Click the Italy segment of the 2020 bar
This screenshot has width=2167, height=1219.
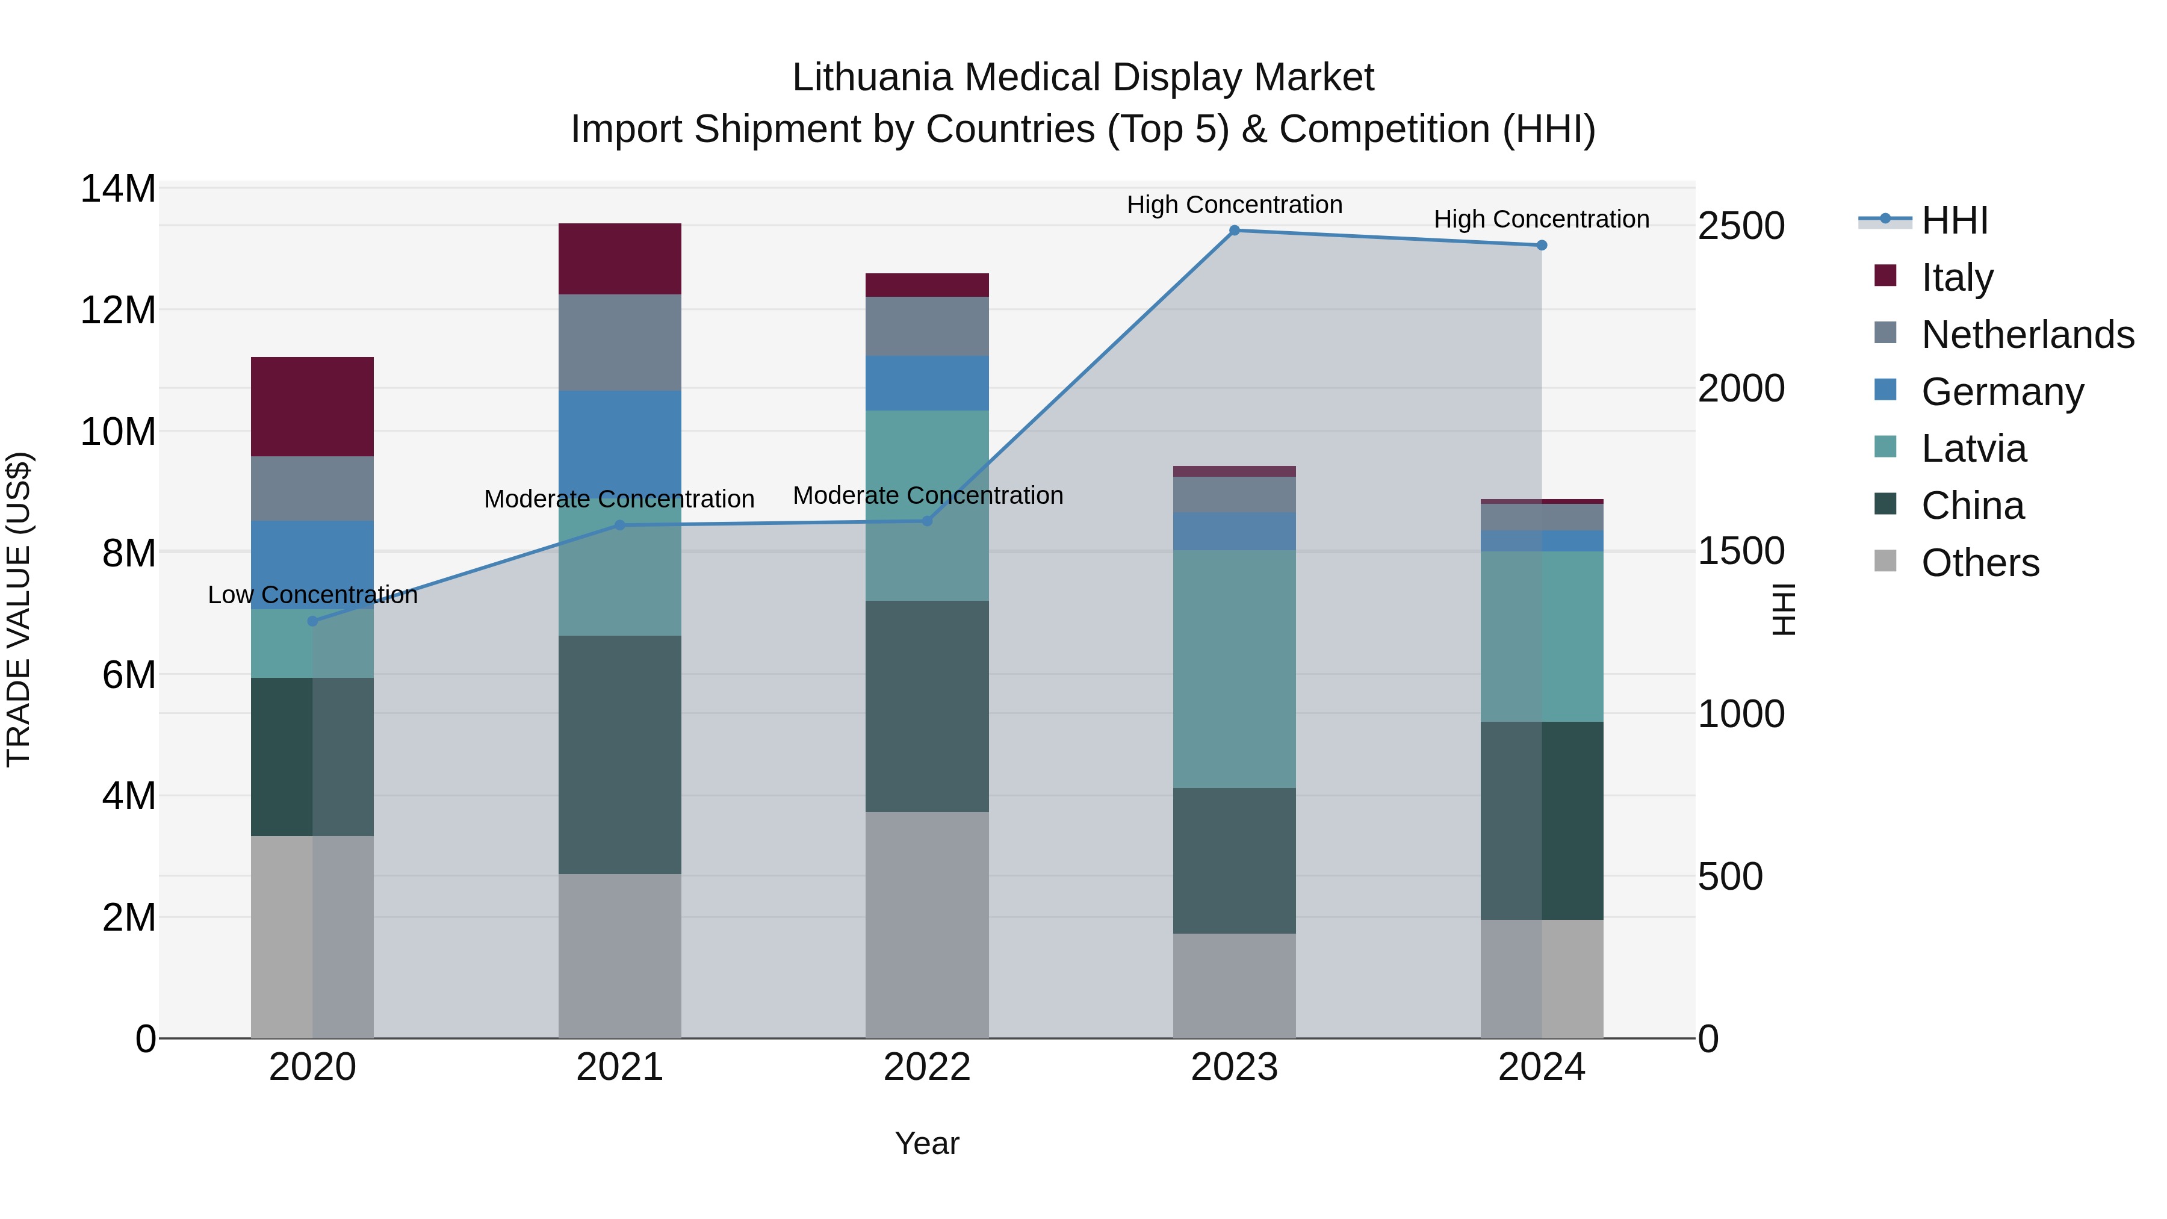click(312, 406)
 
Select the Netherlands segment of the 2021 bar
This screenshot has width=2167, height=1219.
click(619, 343)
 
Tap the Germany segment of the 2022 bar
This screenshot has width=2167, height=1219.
click(927, 383)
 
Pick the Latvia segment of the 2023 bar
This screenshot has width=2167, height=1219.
click(1234, 669)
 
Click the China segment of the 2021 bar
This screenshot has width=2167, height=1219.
click(619, 755)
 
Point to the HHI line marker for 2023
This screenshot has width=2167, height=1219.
click(1234, 231)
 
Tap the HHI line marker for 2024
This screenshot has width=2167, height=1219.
click(1541, 246)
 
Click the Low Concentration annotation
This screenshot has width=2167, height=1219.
click(312, 595)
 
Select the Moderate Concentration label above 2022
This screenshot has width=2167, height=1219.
click(927, 495)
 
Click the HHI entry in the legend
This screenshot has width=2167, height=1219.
click(1954, 220)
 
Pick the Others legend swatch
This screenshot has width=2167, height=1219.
click(1885, 561)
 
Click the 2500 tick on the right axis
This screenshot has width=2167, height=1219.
click(1740, 226)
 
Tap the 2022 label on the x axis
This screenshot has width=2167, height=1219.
click(927, 1067)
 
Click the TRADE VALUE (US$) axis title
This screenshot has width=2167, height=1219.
click(19, 609)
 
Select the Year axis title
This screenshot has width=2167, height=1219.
click(927, 1143)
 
